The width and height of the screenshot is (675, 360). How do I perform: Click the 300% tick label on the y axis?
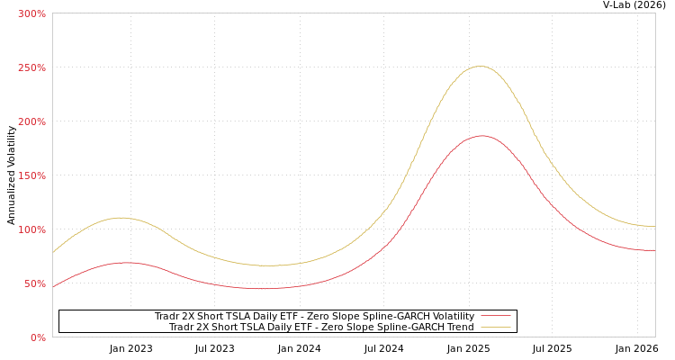[31, 13]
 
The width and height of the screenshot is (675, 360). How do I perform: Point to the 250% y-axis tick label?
[31, 67]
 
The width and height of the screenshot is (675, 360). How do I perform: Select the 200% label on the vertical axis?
[31, 121]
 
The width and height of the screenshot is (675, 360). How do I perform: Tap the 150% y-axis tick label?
[31, 175]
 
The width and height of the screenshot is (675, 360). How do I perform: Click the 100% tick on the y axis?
[31, 229]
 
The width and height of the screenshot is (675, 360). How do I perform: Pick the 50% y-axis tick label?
[34, 283]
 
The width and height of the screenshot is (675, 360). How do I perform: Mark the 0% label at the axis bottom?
[38, 337]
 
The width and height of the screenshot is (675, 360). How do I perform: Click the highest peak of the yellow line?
[480, 66]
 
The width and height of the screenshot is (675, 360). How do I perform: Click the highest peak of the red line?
[481, 136]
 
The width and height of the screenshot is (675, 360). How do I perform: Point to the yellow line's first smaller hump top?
[121, 217]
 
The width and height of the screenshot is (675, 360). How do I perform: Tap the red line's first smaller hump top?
[124, 262]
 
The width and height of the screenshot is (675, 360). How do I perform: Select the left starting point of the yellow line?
[53, 252]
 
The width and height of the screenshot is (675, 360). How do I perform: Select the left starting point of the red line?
[53, 287]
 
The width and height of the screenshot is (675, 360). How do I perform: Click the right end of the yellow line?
[654, 226]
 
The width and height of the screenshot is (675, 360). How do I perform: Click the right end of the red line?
[654, 250]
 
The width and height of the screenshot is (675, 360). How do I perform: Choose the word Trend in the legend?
[459, 327]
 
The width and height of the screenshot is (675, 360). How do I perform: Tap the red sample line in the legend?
[495, 316]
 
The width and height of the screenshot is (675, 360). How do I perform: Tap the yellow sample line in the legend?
[495, 327]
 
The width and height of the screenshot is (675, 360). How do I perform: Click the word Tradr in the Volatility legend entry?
[167, 316]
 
